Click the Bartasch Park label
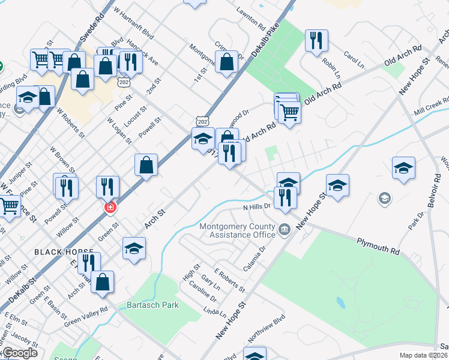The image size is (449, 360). pos(152,305)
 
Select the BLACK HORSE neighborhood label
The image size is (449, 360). pos(64,251)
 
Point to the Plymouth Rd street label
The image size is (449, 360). pos(378,246)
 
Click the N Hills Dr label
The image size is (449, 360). pos(257,206)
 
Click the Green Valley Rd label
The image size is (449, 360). pos(85,316)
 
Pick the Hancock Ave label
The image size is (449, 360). pos(145,53)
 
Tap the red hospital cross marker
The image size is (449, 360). pos(110,208)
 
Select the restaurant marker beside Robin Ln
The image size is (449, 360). pos(315,41)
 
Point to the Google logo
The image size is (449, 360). pos(19,353)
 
